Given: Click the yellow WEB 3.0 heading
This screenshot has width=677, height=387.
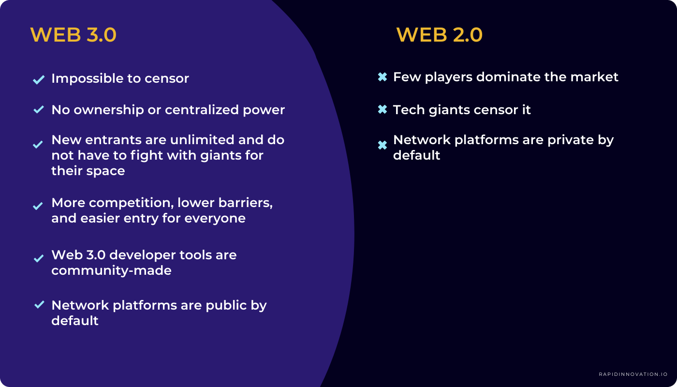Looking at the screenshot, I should point(73,35).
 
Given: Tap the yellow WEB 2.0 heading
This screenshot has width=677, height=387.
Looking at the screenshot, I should point(439,35).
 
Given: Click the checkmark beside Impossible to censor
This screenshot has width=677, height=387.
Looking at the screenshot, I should point(39,79).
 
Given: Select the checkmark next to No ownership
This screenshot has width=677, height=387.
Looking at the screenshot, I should point(39,110).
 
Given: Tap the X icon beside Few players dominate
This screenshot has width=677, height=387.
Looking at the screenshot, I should point(382,77).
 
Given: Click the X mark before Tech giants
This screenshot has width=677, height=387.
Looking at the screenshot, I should point(382,110).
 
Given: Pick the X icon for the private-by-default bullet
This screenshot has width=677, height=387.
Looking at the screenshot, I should point(382,145).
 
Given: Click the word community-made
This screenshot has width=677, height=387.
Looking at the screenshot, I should point(111,270).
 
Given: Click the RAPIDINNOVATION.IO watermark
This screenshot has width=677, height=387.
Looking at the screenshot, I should point(633,374).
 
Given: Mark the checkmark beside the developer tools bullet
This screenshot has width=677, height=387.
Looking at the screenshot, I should point(39,258).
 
